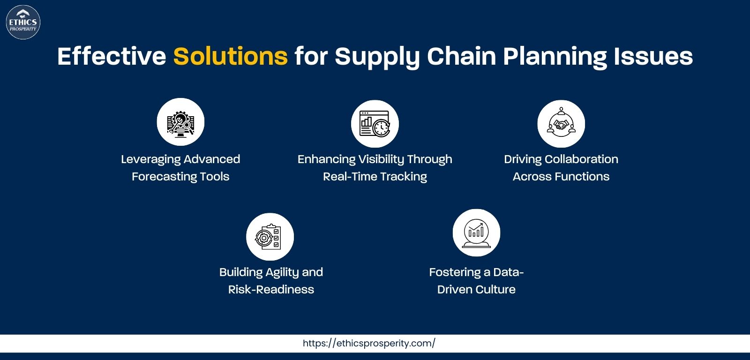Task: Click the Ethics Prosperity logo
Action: coord(23,22)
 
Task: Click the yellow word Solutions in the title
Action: coord(230,56)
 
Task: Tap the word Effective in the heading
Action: coord(112,56)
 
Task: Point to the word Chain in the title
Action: coord(461,56)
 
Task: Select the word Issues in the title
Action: coord(653,56)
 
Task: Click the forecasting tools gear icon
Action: coord(180,122)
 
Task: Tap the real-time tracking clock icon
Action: coord(375,124)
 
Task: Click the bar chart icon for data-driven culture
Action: coord(476,233)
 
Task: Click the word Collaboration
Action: coord(581,159)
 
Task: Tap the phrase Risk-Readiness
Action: coord(271,289)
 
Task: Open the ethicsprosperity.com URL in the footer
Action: coord(369,343)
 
